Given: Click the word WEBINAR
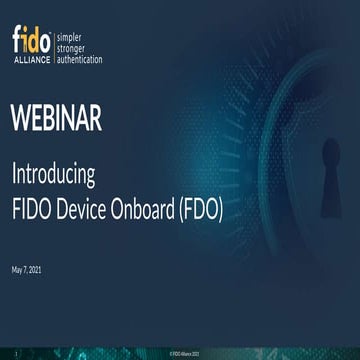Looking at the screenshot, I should (57, 119).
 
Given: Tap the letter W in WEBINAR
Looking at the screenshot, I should (22, 119).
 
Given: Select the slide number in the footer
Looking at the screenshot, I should (15, 353).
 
